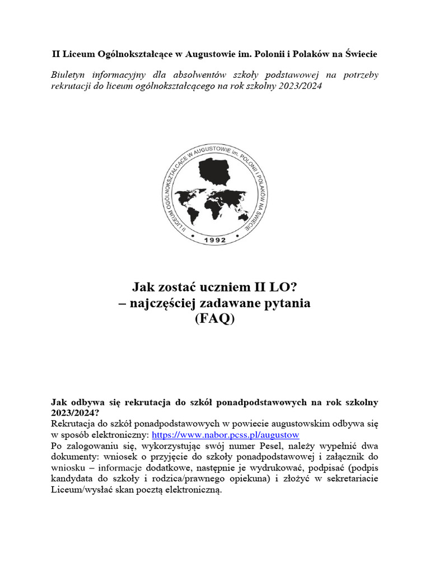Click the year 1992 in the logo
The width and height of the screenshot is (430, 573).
click(215, 240)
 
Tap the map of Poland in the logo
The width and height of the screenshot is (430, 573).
click(215, 171)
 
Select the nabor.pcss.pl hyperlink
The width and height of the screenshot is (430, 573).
click(226, 434)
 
